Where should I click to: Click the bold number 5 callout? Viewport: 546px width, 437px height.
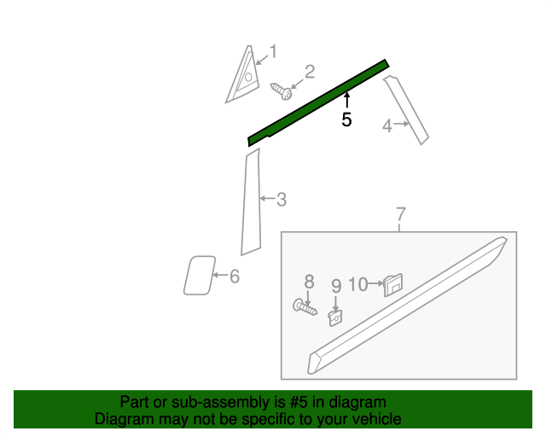(x=346, y=119)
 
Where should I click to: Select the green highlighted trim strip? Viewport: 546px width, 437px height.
(x=318, y=102)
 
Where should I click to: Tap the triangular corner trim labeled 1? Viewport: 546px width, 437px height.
(x=242, y=74)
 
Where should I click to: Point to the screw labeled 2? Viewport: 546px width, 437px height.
(x=282, y=91)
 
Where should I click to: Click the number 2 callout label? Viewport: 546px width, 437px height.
(x=310, y=72)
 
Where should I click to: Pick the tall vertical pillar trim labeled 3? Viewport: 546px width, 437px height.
(x=251, y=202)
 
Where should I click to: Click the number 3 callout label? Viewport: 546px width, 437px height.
(x=282, y=200)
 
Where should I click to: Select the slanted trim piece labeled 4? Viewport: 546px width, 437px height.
(x=406, y=110)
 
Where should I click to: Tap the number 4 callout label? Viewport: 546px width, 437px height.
(x=387, y=125)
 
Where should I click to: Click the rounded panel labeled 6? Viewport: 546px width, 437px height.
(x=199, y=276)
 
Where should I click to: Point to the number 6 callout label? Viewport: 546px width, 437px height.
(x=235, y=277)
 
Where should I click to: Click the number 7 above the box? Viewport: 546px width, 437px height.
(x=401, y=214)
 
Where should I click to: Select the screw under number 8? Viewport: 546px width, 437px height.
(x=305, y=307)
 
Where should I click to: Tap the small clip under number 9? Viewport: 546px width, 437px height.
(x=335, y=318)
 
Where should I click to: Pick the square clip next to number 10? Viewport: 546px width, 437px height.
(x=393, y=285)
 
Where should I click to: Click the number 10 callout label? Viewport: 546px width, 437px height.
(x=357, y=284)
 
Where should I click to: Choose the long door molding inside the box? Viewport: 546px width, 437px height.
(x=408, y=306)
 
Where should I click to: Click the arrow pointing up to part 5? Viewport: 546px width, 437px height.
(x=346, y=100)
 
